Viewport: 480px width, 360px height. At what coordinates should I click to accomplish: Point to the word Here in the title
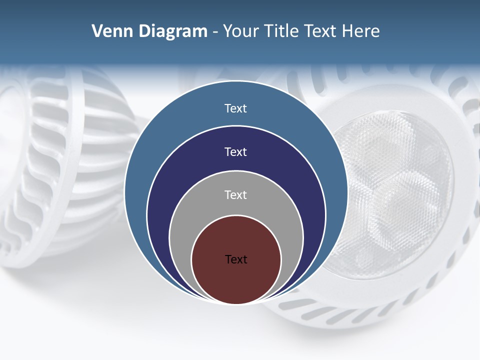(360, 31)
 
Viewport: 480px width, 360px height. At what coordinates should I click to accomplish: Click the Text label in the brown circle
(236, 259)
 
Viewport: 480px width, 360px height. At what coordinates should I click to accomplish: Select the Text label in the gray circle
(236, 194)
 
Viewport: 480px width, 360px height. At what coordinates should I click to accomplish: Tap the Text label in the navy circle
(236, 151)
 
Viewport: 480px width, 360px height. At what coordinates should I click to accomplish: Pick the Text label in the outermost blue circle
(236, 108)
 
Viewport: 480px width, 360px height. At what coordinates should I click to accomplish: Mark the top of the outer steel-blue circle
(236, 90)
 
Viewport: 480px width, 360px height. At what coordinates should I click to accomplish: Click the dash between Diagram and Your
(214, 31)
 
